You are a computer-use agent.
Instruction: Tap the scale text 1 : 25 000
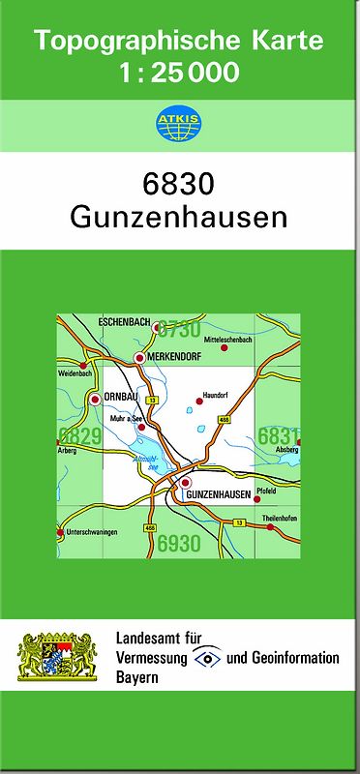[179, 72]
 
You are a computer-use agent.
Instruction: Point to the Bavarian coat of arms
[58, 657]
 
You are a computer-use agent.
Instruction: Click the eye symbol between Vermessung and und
[206, 658]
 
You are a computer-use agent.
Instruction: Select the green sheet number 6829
[80, 436]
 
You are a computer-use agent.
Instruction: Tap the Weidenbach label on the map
[75, 373]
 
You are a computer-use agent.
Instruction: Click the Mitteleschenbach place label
[228, 341]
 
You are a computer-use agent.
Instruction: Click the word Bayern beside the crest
[136, 678]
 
